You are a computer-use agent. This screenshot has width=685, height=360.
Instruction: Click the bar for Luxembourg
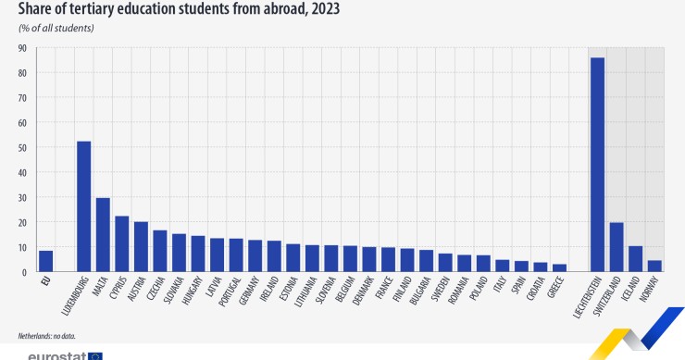83,206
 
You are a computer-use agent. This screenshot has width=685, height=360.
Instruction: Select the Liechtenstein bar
597,165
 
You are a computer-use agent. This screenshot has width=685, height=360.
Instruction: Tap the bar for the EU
45,261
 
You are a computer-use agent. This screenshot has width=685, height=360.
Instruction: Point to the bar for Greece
559,268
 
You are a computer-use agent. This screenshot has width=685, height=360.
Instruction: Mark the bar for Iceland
635,259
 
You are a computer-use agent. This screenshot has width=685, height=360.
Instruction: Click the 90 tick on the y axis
22,47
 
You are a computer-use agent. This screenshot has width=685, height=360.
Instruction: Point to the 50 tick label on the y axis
22,147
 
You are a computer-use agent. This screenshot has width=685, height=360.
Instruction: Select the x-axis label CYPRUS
117,289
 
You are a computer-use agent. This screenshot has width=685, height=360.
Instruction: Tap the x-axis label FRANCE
382,289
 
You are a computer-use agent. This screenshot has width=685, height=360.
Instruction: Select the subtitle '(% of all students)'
56,28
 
